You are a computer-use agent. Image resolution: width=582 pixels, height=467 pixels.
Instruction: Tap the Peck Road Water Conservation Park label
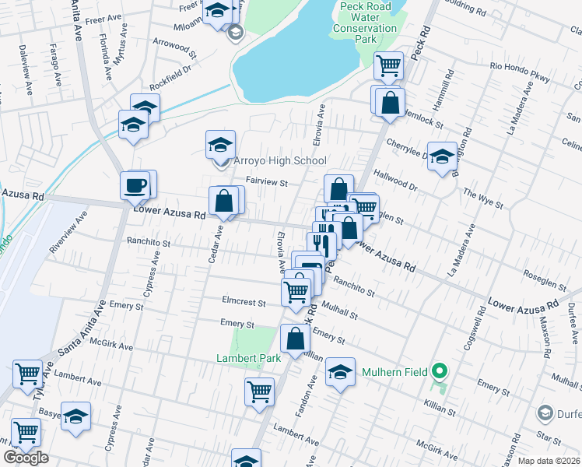click(365, 23)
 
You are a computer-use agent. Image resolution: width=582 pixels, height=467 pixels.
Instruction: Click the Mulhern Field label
click(394, 372)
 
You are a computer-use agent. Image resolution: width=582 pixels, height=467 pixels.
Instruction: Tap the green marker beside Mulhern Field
click(439, 372)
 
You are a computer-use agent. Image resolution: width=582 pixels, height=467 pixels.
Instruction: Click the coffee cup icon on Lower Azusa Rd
click(135, 187)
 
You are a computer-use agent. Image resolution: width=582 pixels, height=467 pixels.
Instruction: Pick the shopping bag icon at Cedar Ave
click(223, 202)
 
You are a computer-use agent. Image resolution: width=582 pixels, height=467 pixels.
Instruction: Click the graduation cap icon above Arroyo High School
click(220, 145)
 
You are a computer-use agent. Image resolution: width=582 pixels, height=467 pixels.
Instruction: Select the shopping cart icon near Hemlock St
click(387, 66)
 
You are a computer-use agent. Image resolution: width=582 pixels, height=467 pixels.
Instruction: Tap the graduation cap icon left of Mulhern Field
click(339, 372)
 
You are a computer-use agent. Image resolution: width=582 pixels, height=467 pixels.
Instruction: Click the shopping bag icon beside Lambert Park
click(295, 339)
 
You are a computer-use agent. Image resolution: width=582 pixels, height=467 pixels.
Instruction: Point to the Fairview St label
click(267, 183)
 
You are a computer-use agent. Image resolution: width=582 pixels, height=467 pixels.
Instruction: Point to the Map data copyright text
click(549, 461)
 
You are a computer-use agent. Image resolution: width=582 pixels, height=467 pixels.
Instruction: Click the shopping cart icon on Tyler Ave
click(27, 374)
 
